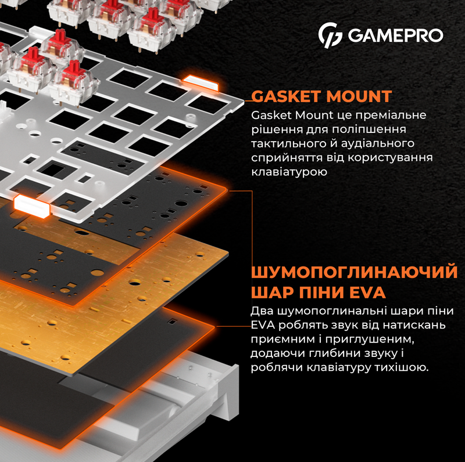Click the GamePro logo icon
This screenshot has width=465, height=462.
331,35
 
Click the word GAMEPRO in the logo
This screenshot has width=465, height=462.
395,35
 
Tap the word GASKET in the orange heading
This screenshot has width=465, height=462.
286,96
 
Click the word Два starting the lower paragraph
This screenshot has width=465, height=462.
261,311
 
